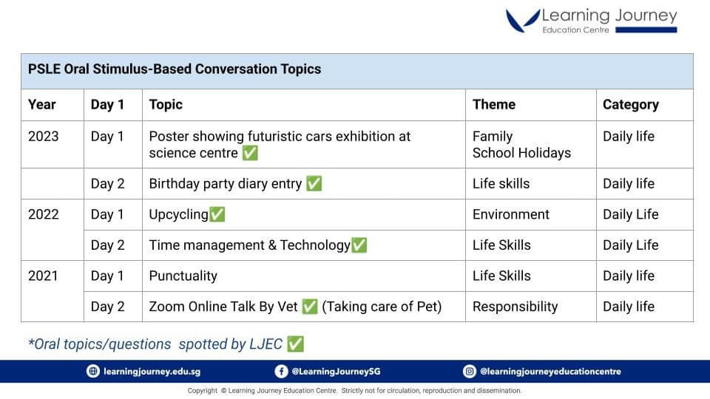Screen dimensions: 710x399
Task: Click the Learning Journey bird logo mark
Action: point(523,21)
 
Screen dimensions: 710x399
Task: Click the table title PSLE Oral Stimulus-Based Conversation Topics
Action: point(175,69)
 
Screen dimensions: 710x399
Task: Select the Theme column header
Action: point(494,104)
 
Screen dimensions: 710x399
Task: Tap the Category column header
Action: point(631,105)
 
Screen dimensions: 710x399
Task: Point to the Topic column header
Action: point(166,105)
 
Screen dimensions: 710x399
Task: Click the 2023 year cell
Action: point(44,136)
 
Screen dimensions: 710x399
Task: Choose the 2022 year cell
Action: point(44,214)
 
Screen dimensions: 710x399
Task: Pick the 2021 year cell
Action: point(43,276)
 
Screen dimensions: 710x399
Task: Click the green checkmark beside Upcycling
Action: point(217,214)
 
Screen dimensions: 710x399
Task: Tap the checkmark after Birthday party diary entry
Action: point(314,183)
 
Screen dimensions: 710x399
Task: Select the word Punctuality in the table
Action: point(183,276)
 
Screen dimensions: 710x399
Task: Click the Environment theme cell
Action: point(511,214)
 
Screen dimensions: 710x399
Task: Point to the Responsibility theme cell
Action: point(515,307)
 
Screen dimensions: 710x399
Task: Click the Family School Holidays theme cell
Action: point(521,145)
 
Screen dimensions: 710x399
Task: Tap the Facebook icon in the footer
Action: point(281,372)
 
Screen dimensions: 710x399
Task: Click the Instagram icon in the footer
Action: point(470,372)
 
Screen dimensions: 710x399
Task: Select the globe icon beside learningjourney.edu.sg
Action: point(93,372)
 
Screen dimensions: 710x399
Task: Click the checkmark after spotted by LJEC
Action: point(295,344)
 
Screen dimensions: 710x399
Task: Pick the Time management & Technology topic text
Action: point(249,245)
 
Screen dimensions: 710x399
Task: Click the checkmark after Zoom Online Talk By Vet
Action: point(310,306)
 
